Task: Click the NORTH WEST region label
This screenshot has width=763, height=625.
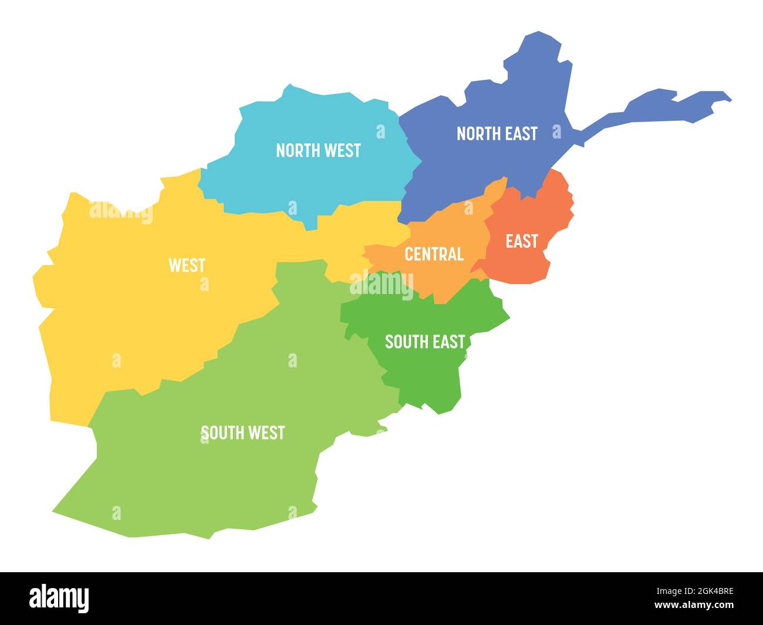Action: (318, 150)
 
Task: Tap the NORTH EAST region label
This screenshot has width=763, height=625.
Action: (497, 134)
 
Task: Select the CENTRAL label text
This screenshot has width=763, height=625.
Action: (434, 254)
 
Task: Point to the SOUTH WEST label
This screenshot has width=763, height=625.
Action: (243, 433)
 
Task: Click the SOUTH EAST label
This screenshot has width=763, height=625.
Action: (424, 342)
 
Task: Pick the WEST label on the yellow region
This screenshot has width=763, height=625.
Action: (187, 265)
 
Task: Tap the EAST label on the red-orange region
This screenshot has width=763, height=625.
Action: (522, 241)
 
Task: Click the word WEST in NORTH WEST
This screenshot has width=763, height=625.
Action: (340, 150)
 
